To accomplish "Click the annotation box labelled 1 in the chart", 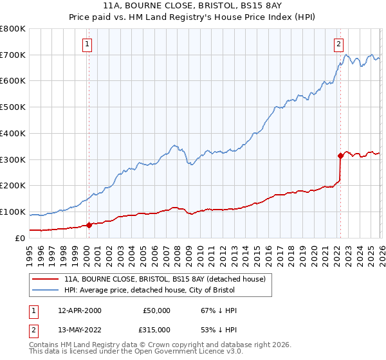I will pos(87,44).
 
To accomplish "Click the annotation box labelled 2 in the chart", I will pos(338,44).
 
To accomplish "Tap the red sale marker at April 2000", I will pos(89,225).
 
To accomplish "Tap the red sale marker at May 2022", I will pos(340,155).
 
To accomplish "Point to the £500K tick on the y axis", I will pos(14,107).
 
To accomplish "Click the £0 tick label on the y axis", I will pos(21,238).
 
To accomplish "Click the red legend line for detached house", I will pos(45,279).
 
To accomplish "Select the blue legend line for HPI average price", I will pos(45,291).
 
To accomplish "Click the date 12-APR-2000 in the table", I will pos(79,310).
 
